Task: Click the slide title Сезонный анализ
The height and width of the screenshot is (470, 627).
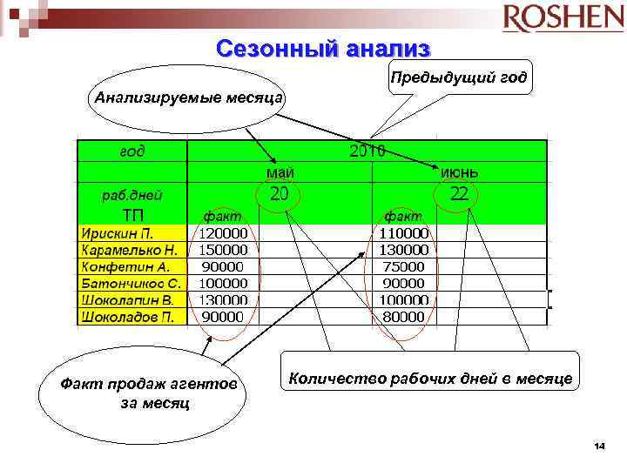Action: (x=324, y=50)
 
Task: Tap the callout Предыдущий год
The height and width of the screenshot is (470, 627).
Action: (x=458, y=78)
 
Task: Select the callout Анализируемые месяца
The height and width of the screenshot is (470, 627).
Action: (x=188, y=96)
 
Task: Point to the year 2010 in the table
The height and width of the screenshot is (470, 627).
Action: (x=367, y=151)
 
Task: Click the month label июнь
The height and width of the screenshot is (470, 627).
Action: (x=459, y=172)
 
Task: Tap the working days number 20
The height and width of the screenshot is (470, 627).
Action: (x=279, y=193)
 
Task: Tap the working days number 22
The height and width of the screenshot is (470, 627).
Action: (x=459, y=193)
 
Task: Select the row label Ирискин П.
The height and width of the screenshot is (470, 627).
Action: (x=117, y=233)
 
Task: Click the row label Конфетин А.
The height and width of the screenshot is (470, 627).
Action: (x=125, y=266)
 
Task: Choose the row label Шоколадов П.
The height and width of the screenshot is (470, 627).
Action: (x=128, y=316)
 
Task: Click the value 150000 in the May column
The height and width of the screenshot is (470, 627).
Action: (x=223, y=250)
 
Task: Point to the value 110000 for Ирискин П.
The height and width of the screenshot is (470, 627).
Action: (x=403, y=233)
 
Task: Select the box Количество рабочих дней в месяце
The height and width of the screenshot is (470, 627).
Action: (x=430, y=378)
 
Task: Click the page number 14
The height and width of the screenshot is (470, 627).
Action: (x=598, y=446)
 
